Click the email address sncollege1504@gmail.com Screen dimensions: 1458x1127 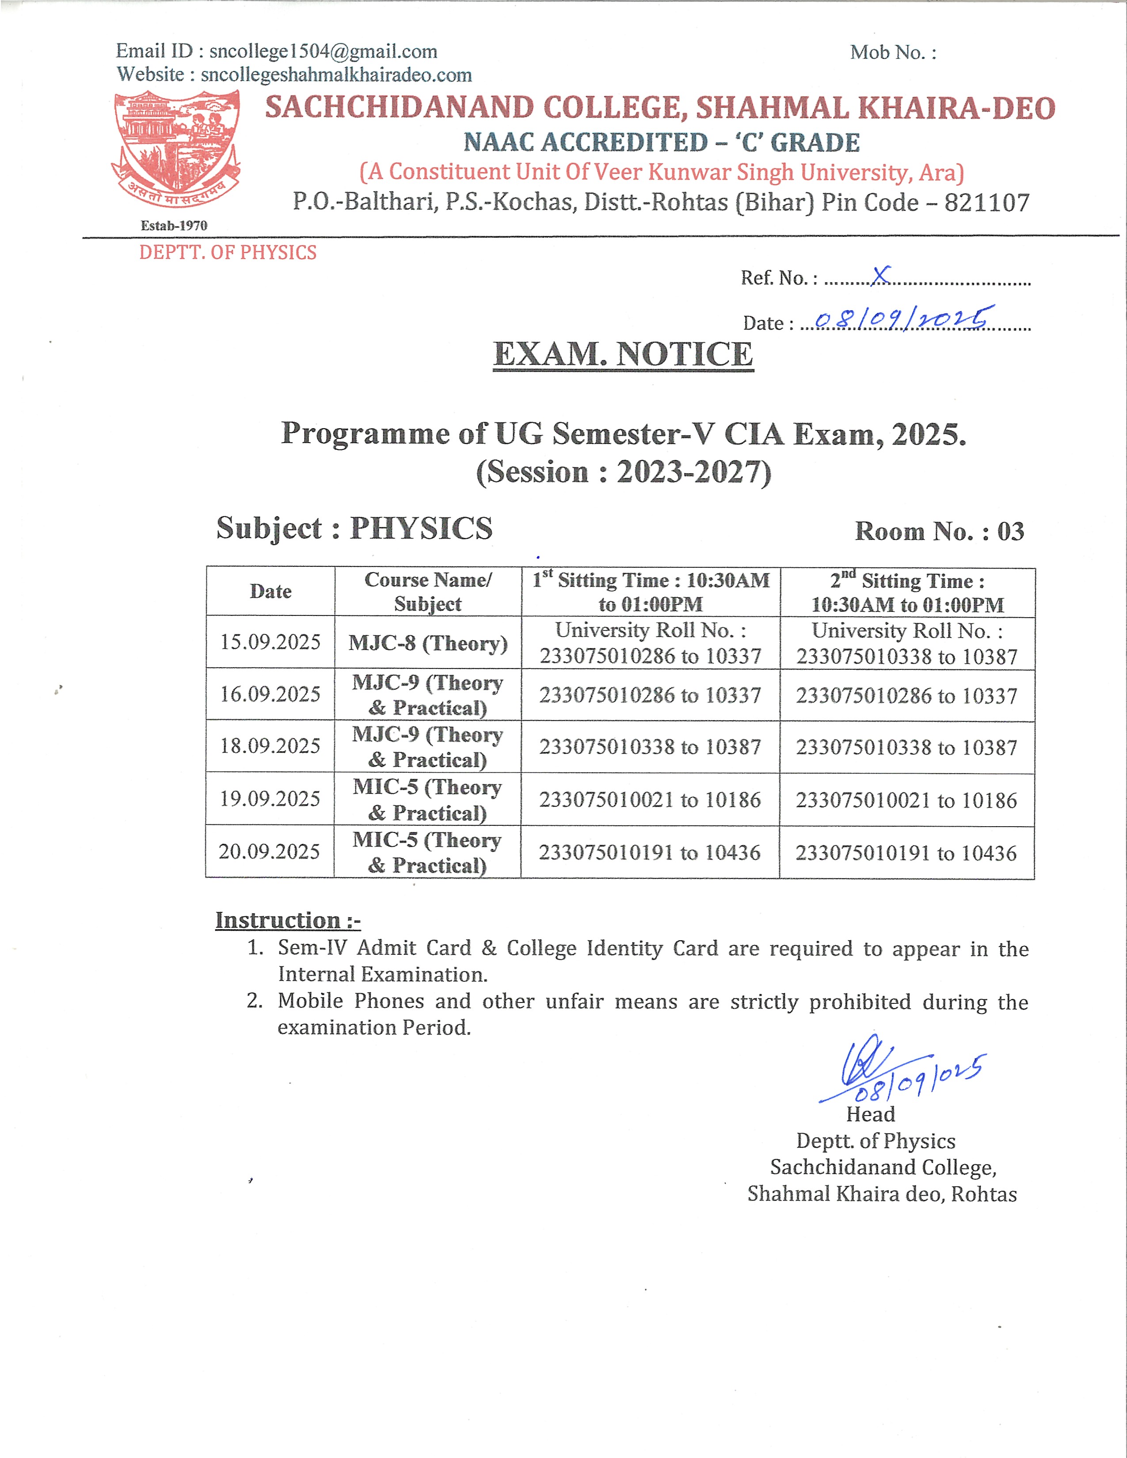[x=323, y=51]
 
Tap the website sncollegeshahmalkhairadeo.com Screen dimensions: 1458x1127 [x=336, y=75]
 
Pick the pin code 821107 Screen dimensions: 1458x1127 [x=987, y=202]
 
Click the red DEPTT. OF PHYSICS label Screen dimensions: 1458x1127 [x=228, y=252]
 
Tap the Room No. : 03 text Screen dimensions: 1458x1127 [x=940, y=532]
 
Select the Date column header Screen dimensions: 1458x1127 [x=270, y=592]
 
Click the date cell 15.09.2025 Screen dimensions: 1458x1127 [x=270, y=642]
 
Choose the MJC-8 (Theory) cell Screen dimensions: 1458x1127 [x=428, y=643]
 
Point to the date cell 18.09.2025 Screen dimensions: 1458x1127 [x=270, y=746]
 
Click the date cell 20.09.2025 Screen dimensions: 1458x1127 [x=270, y=852]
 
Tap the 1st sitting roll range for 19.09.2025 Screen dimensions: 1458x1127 [x=650, y=800]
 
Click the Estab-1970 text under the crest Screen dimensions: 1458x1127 [x=174, y=226]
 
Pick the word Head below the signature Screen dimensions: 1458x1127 [x=870, y=1114]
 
